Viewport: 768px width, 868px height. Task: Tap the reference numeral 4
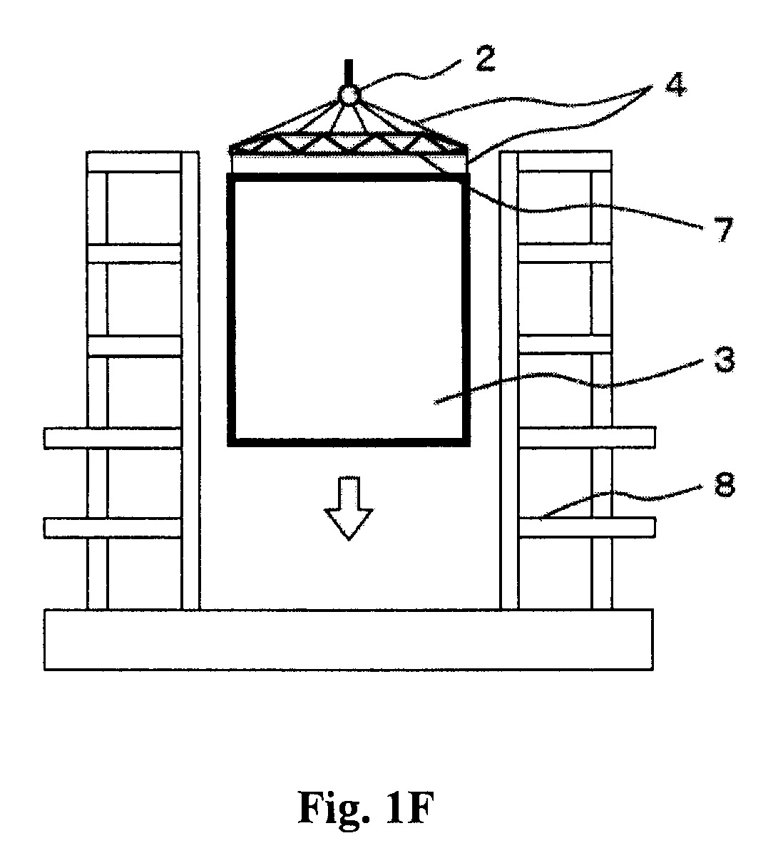point(676,84)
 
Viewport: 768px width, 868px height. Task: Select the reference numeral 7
point(725,230)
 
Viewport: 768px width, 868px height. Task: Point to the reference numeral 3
point(725,359)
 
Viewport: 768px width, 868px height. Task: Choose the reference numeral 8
point(725,484)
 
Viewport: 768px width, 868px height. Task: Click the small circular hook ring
point(349,95)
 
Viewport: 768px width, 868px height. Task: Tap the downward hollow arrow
point(349,508)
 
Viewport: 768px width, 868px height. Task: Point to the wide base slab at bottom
point(349,639)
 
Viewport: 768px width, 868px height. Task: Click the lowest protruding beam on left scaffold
point(113,528)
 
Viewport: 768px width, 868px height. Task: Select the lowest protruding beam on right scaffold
point(586,528)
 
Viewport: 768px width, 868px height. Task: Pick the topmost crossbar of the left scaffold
point(134,161)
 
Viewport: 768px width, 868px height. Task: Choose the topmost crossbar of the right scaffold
point(565,161)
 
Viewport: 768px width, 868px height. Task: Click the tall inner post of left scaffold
point(190,380)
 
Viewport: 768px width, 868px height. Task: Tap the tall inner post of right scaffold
point(509,380)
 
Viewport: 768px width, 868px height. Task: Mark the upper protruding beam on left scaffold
point(113,438)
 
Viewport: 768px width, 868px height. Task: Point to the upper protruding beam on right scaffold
point(586,437)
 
